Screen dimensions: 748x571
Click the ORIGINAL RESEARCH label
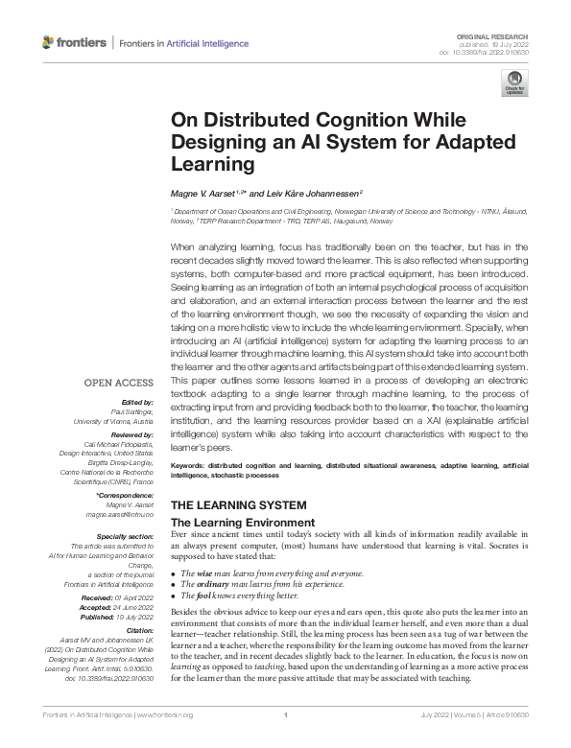[499, 34]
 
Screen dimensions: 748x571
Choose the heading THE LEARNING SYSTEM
[238, 504]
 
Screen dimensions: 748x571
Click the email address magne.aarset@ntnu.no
[125, 515]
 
